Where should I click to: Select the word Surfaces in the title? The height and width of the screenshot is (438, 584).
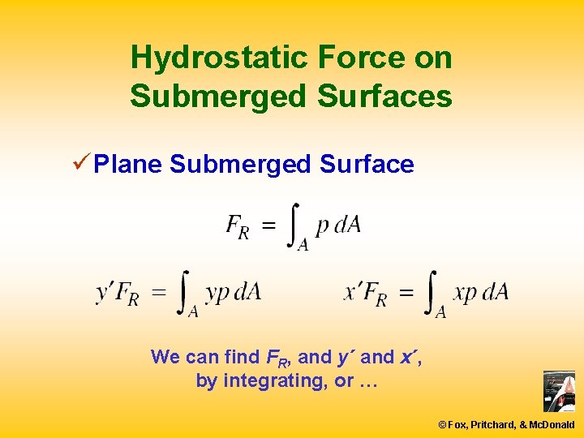[x=384, y=96]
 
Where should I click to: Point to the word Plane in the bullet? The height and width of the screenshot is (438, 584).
[x=129, y=165]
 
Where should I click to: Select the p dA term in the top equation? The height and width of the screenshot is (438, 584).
[x=338, y=225]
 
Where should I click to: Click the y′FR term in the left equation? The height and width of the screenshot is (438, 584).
[x=117, y=292]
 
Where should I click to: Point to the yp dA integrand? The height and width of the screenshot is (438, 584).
[x=233, y=292]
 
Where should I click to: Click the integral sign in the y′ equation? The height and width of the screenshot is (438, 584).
[x=187, y=294]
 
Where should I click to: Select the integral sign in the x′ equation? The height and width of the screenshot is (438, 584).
[x=434, y=294]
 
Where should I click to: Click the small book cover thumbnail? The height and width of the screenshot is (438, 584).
[x=559, y=392]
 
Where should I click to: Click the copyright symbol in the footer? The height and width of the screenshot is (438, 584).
[x=443, y=424]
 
